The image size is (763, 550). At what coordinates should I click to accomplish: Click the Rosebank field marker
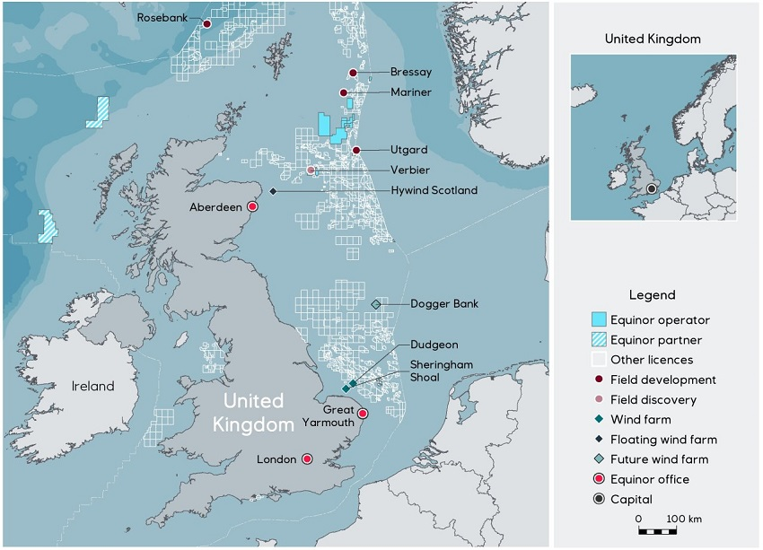pyautogui.click(x=206, y=25)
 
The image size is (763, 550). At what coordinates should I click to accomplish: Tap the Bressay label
pyautogui.click(x=410, y=73)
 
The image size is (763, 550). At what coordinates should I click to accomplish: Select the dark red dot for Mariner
pyautogui.click(x=343, y=92)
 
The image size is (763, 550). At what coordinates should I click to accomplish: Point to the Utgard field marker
pyautogui.click(x=356, y=150)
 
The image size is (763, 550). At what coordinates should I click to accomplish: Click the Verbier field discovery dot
pyautogui.click(x=311, y=170)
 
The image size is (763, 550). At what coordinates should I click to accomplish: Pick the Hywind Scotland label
pyautogui.click(x=434, y=191)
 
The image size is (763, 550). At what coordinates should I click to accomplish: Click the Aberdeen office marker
pyautogui.click(x=252, y=207)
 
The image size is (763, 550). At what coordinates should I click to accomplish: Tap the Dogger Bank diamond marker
pyautogui.click(x=376, y=304)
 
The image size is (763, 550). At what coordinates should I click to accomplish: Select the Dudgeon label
pyautogui.click(x=434, y=345)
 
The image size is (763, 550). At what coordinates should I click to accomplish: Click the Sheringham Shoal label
pyautogui.click(x=439, y=371)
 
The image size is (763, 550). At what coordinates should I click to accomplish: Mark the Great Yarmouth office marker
pyautogui.click(x=363, y=414)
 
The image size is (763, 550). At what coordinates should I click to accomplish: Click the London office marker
pyautogui.click(x=307, y=459)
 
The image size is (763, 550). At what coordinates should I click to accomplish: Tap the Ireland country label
pyautogui.click(x=93, y=387)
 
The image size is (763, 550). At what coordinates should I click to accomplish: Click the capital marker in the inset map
pyautogui.click(x=652, y=188)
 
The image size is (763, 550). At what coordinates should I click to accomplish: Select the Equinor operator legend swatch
pyautogui.click(x=599, y=319)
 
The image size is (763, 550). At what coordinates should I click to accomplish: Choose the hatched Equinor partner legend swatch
pyautogui.click(x=599, y=340)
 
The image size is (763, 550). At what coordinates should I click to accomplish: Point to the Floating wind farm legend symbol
pyautogui.click(x=599, y=440)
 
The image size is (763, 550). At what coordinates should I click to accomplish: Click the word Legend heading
pyautogui.click(x=652, y=294)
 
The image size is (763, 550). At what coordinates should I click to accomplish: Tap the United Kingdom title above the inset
pyautogui.click(x=653, y=39)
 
